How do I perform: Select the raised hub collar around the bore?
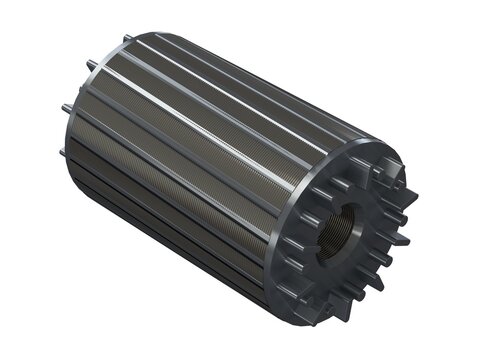coord(340,222)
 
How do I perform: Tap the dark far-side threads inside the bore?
coord(349,215)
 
